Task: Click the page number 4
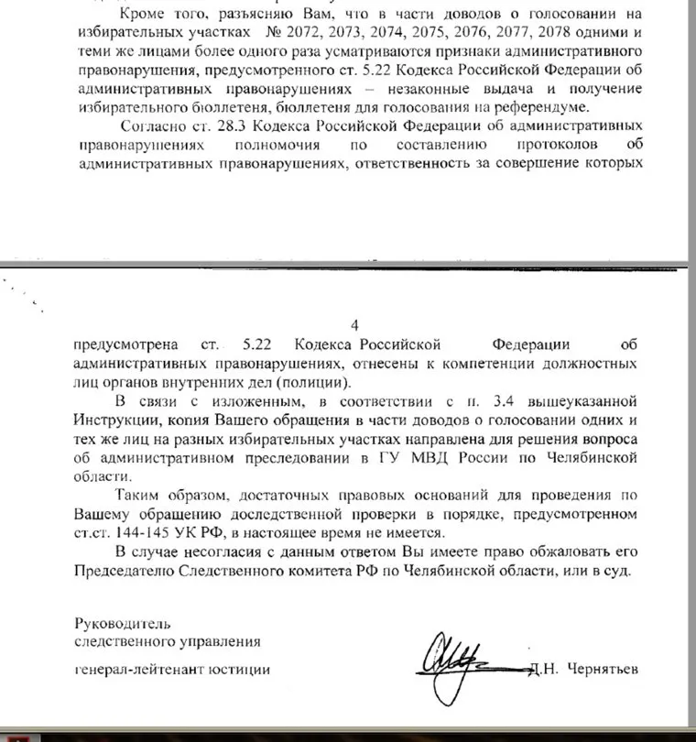coord(355,325)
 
